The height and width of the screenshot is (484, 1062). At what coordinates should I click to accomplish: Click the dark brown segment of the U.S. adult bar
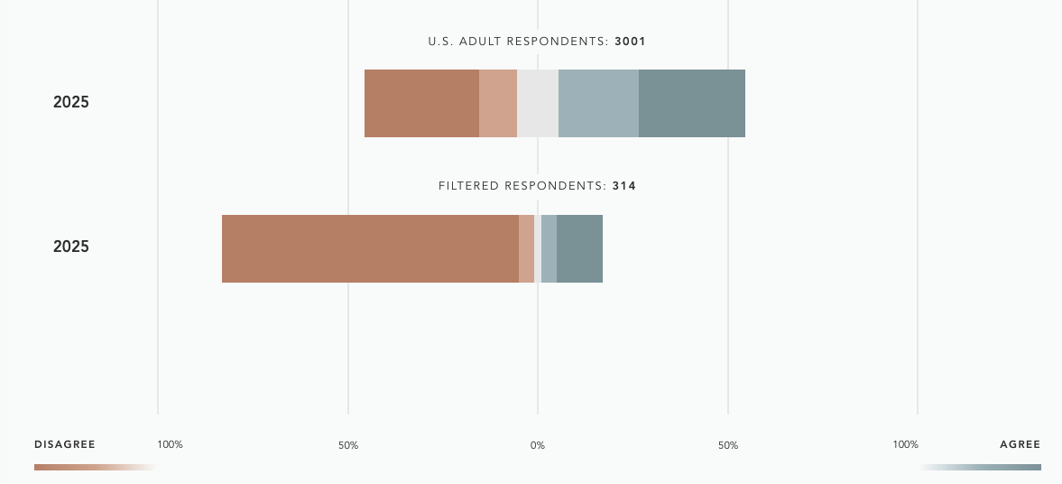[x=421, y=103]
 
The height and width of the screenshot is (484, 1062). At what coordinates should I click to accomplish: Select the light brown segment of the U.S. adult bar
[x=498, y=103]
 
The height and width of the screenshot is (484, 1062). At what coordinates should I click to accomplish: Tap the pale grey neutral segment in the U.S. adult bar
[x=538, y=103]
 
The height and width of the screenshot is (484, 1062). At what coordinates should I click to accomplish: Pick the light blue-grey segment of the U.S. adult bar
[x=598, y=103]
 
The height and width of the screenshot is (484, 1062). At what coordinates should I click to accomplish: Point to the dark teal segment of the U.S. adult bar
[x=692, y=103]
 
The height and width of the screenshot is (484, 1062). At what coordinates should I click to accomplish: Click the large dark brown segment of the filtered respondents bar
[x=370, y=248]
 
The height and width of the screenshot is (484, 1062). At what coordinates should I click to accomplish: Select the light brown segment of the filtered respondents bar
[x=526, y=248]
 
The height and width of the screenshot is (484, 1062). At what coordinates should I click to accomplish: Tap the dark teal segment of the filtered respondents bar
[x=579, y=248]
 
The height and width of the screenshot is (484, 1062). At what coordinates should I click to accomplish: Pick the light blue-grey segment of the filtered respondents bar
[x=549, y=248]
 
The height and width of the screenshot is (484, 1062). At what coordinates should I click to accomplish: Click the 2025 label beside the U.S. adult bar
[x=71, y=102]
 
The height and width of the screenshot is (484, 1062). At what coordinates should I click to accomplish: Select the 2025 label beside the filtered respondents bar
[x=71, y=247]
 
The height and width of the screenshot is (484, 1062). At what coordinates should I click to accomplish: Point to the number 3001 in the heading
[x=631, y=42]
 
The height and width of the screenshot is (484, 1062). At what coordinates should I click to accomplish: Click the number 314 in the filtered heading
[x=624, y=186]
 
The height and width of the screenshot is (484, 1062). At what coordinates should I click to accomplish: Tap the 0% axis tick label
[x=538, y=445]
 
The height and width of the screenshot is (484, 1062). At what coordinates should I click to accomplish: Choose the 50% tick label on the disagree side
[x=348, y=445]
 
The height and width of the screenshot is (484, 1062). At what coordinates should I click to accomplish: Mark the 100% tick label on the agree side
[x=905, y=444]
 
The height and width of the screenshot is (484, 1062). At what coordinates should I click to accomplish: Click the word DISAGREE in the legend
[x=65, y=444]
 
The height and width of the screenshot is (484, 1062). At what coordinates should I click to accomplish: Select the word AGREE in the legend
[x=1020, y=444]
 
